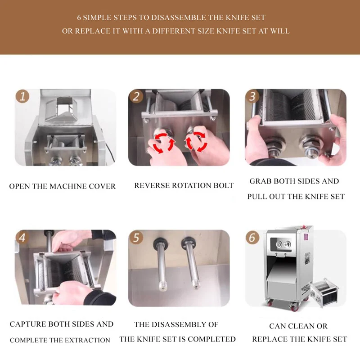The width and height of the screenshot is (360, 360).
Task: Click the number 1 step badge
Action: (22, 96)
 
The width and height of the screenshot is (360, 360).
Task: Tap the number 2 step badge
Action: (136, 96)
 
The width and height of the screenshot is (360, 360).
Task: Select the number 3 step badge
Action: (252, 96)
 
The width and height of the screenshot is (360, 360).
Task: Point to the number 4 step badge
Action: (22, 238)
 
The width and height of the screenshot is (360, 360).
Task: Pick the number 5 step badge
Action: (136, 238)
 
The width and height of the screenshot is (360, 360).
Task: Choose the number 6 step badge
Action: (252, 238)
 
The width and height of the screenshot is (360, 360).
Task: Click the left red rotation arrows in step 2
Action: (163, 142)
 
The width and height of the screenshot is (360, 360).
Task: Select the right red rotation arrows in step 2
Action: (196, 142)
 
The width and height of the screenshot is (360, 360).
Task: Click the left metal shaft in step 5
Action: (161, 264)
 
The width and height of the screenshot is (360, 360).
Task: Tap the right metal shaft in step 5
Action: (191, 263)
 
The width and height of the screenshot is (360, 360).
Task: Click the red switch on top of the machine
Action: (304, 227)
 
